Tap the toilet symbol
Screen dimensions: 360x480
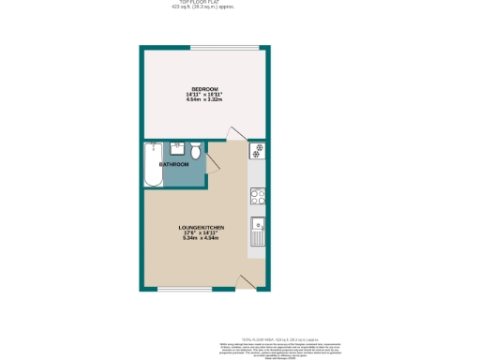pos(195,151)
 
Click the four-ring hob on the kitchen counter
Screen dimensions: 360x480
pos(257,196)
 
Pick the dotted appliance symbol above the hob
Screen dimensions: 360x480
pos(257,151)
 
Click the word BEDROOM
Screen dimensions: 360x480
pos(204,89)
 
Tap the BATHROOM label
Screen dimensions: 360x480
pos(173,165)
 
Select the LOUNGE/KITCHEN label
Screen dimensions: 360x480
pos(202,227)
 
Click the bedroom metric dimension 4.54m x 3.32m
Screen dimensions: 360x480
pos(204,100)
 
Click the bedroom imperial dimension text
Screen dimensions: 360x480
pos(204,95)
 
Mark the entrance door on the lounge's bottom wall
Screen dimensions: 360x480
pos(247,281)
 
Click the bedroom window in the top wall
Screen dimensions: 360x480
pos(224,47)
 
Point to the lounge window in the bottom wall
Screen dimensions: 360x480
pos(184,289)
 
